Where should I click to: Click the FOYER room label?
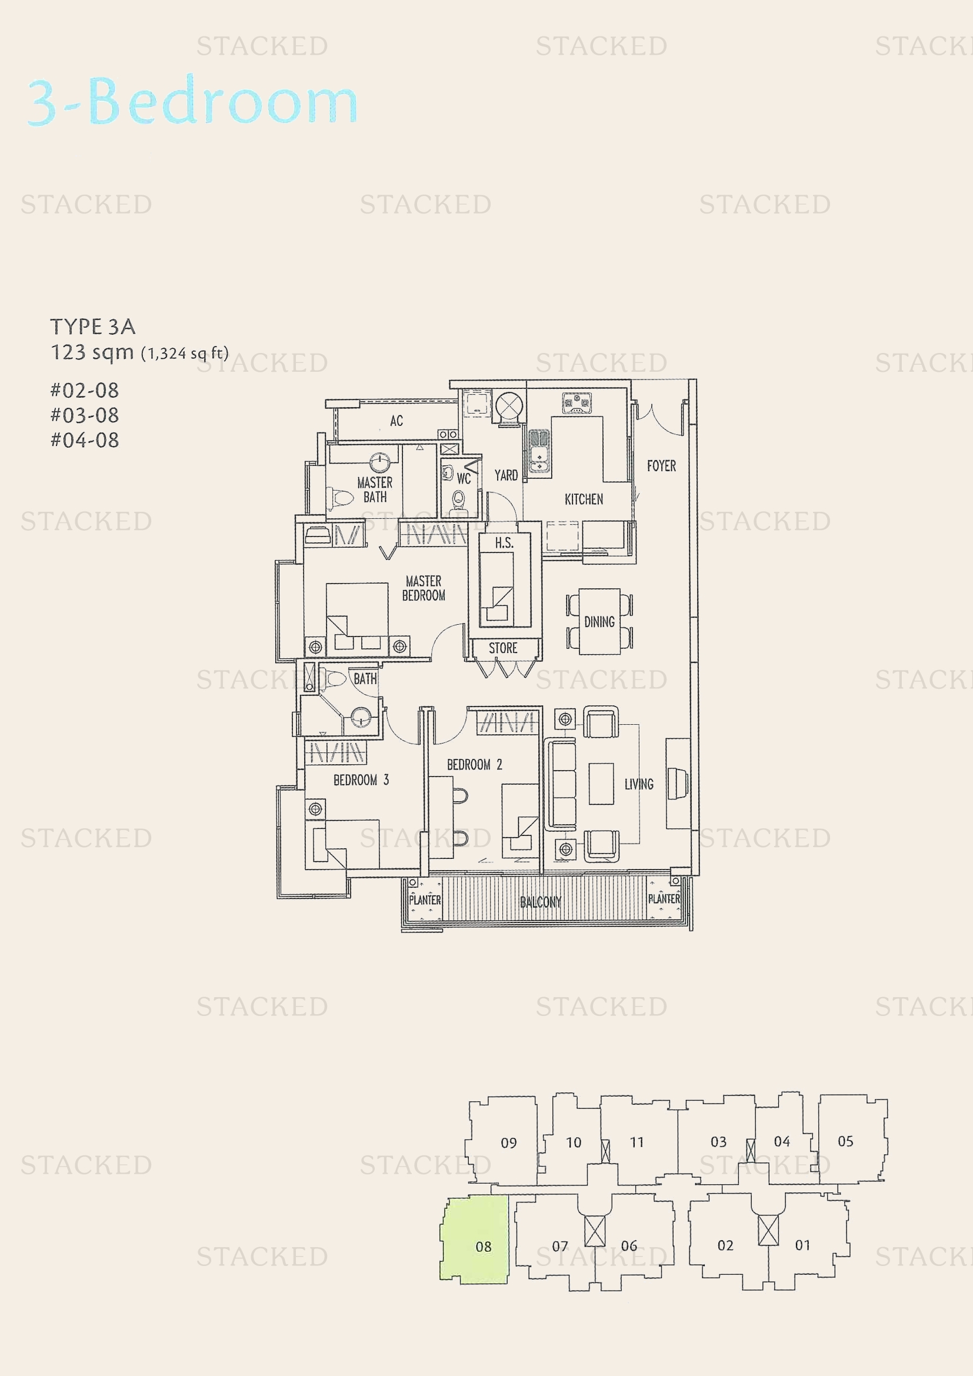(661, 466)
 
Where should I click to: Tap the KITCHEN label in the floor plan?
(584, 499)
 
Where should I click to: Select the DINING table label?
(599, 621)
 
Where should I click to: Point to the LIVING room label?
(639, 784)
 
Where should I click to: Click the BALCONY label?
(541, 902)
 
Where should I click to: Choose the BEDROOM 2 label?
(475, 765)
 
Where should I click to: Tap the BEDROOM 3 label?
(361, 779)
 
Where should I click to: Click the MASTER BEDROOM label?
(424, 588)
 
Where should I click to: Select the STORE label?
(502, 648)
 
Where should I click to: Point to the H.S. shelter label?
(504, 543)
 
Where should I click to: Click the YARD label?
(506, 475)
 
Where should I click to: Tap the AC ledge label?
(396, 421)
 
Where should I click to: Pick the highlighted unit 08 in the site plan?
(483, 1247)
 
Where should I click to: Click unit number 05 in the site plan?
(845, 1141)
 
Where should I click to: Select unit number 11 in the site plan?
(637, 1142)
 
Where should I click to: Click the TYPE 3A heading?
(93, 326)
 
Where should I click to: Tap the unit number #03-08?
(85, 415)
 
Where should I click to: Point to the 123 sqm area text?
(92, 352)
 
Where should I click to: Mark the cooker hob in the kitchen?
(577, 402)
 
